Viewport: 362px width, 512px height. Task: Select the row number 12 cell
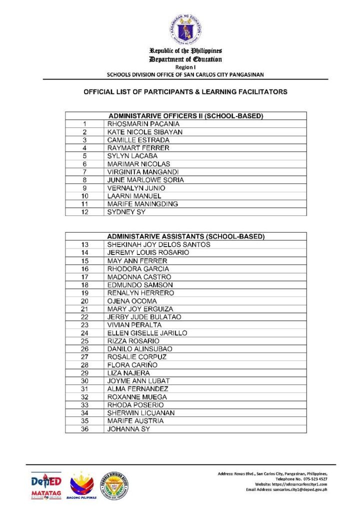(85, 212)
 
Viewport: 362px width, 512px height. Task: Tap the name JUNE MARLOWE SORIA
(145, 180)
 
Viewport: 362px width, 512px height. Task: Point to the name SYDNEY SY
(125, 212)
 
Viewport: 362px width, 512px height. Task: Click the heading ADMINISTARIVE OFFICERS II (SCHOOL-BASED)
(185, 116)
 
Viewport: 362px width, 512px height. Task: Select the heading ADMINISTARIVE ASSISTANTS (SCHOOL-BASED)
(185, 236)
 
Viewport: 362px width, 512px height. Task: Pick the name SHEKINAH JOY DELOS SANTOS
(158, 244)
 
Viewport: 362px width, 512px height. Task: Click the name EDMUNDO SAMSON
(140, 285)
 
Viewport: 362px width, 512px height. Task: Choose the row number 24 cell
(85, 333)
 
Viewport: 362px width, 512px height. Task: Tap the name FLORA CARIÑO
(132, 365)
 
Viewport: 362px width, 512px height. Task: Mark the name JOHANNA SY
(128, 429)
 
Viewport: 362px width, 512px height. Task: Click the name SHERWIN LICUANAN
(141, 413)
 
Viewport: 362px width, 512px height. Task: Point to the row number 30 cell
(85, 381)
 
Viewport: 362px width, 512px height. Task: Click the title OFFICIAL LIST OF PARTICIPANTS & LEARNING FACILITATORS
(185, 92)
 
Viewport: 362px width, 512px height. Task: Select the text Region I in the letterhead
(185, 66)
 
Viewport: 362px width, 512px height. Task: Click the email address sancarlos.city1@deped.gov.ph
(300, 489)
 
